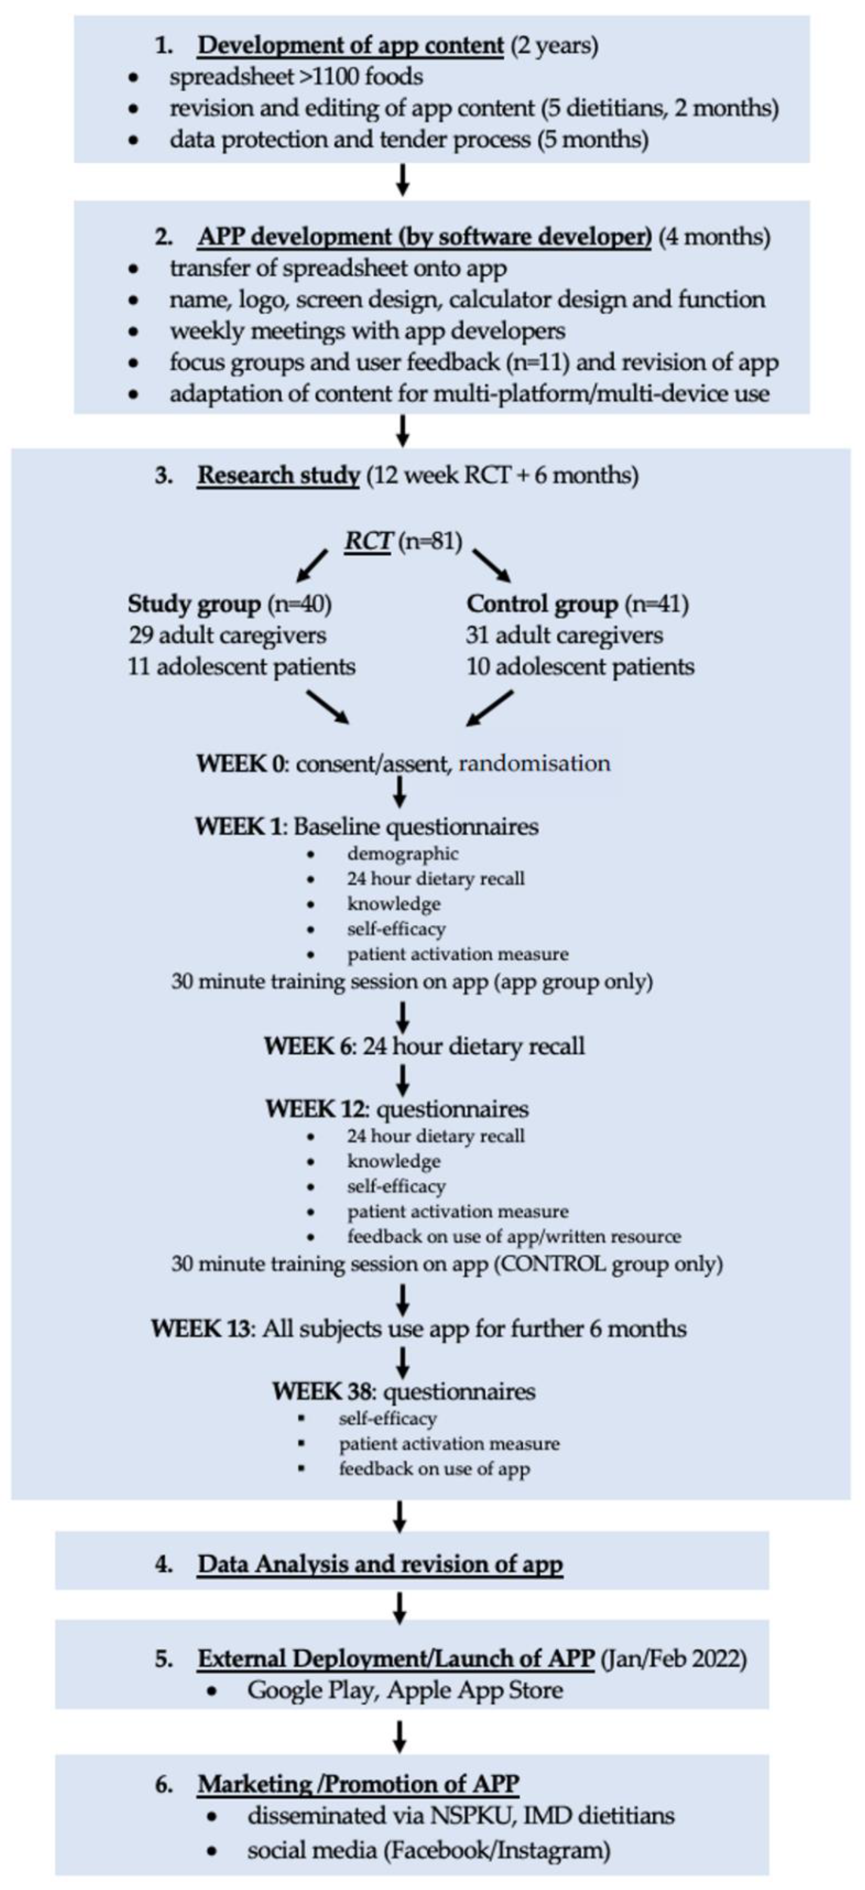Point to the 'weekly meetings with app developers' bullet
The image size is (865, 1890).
[x=367, y=331]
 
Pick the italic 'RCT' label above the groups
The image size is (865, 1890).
[x=367, y=541]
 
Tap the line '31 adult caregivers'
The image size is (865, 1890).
[x=564, y=636]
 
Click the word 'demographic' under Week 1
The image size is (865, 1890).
[x=402, y=854]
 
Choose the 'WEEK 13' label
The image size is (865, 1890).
[x=200, y=1329]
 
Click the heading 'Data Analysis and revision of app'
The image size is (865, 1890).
[x=379, y=1564]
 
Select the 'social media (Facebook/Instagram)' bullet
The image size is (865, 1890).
[x=428, y=1850]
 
